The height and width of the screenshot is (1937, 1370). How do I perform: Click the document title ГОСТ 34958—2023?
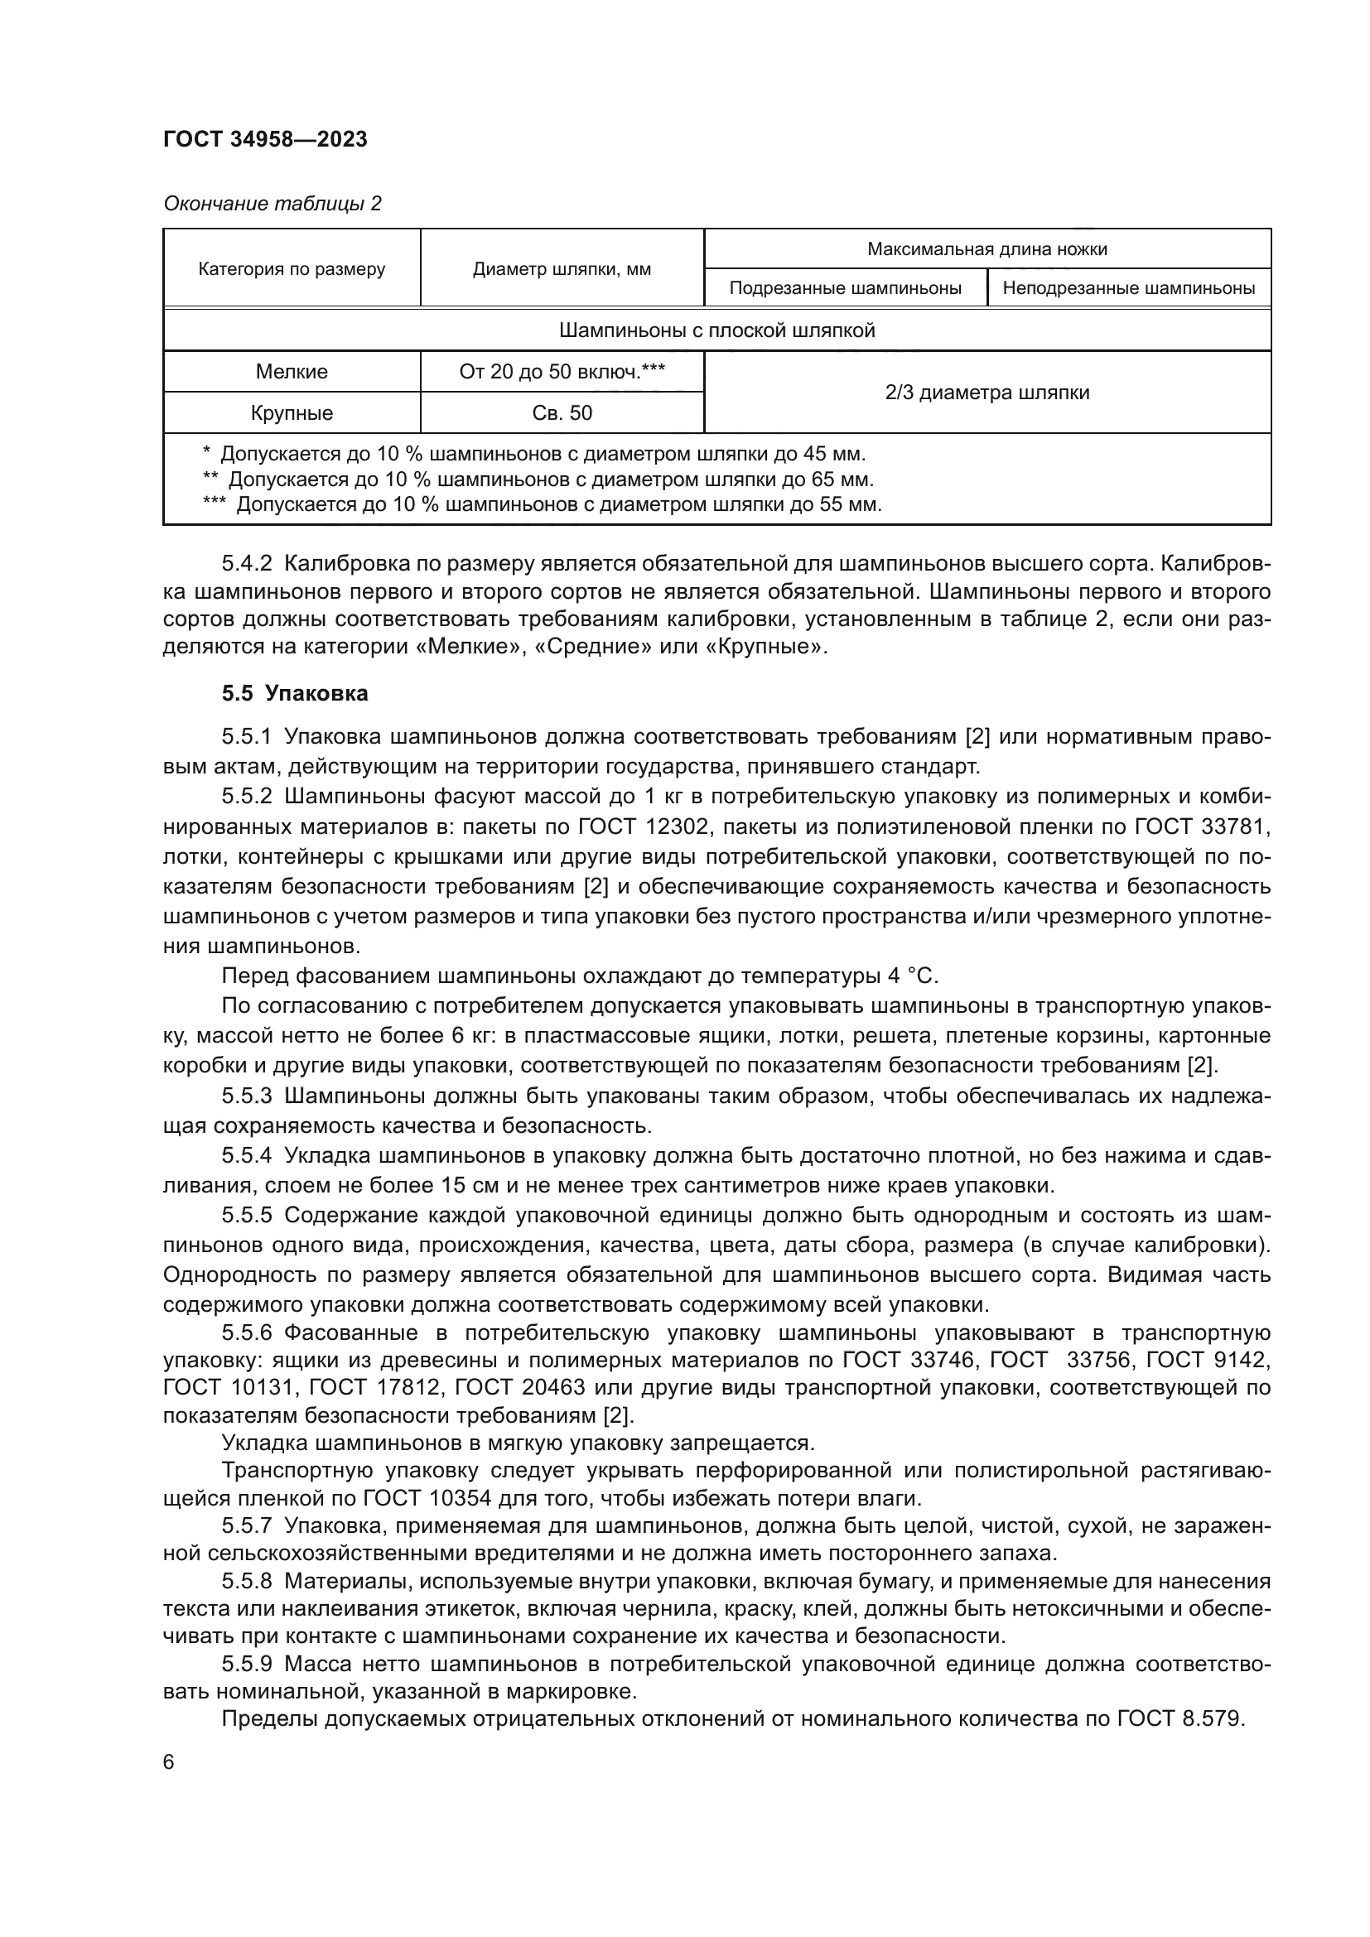pos(265,139)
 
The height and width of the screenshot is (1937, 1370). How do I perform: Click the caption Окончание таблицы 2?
pos(272,204)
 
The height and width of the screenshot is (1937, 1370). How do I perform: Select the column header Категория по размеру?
pos(291,269)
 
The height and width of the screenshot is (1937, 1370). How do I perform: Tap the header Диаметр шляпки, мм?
pos(561,269)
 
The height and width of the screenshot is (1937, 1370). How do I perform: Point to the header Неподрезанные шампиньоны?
pos(1128,288)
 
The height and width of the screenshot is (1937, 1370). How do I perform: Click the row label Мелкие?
pos(291,372)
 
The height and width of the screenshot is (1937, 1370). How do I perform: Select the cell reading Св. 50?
pos(561,413)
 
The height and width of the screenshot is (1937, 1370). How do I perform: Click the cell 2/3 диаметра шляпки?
pos(986,393)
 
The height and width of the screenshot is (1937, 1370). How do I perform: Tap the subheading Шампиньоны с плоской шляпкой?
pos(716,330)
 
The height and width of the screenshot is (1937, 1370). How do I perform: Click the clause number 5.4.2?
pos(246,562)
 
